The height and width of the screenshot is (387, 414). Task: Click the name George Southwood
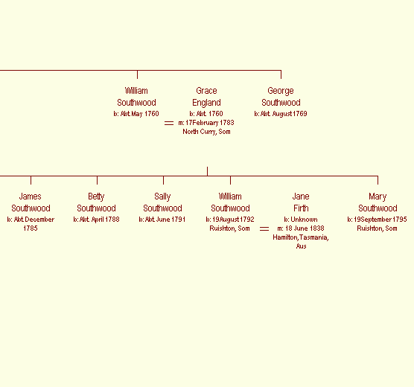[281, 97]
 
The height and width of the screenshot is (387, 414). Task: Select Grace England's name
[206, 97]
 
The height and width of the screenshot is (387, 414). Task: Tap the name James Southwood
[31, 202]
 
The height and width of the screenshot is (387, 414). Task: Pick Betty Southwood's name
[96, 202]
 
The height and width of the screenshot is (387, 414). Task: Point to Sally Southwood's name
[162, 202]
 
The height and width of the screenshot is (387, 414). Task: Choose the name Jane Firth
[301, 202]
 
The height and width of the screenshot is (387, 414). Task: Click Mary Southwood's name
[378, 202]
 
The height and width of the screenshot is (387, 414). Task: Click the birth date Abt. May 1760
[140, 114]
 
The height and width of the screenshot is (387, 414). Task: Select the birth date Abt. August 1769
[284, 114]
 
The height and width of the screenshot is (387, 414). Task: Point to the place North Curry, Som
[206, 132]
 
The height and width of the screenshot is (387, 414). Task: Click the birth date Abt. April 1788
[99, 220]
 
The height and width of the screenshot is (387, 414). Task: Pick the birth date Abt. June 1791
[165, 220]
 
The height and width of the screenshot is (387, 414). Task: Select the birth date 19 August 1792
[233, 220]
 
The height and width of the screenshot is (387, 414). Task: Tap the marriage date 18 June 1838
[305, 228]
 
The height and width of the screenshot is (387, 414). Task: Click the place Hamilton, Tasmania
[301, 237]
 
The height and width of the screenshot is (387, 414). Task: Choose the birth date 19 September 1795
[380, 220]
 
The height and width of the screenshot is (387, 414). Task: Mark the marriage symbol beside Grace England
[169, 123]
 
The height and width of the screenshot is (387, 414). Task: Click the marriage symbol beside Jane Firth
[264, 228]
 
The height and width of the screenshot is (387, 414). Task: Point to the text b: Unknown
[301, 220]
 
